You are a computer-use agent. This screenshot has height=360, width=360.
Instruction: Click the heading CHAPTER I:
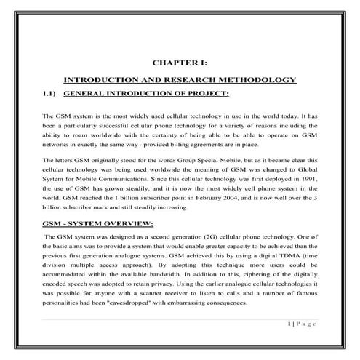pyautogui.click(x=180, y=63)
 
